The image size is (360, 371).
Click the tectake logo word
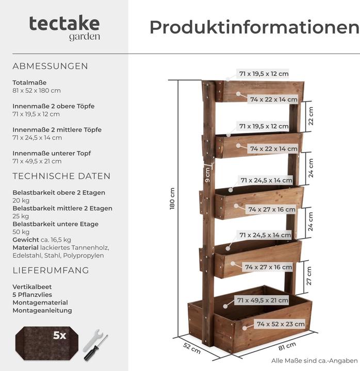(x=64, y=23)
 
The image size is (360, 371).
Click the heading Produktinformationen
(x=254, y=27)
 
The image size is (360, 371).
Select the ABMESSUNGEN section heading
(x=50, y=66)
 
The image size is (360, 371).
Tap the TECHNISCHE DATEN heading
(x=61, y=176)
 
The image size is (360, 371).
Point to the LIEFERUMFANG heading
(x=51, y=271)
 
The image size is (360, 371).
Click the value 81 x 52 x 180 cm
(x=36, y=91)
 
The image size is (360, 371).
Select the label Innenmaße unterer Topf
(x=49, y=154)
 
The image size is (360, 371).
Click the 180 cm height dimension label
(x=172, y=198)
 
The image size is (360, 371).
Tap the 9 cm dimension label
(x=207, y=174)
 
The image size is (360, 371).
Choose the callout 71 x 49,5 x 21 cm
(x=263, y=300)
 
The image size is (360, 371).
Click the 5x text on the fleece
(x=60, y=335)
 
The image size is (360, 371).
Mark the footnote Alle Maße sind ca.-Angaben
(x=314, y=361)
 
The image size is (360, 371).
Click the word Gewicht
(x=25, y=240)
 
